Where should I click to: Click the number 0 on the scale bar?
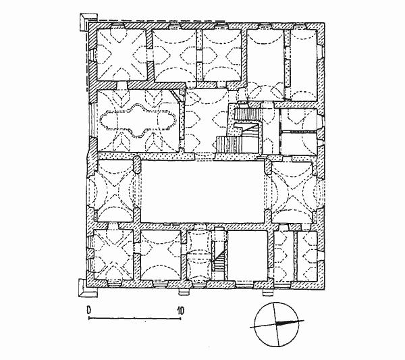[x=89, y=310]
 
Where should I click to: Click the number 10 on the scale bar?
[x=181, y=311]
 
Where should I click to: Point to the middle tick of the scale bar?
[x=134, y=317]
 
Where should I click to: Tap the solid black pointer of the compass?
[x=290, y=322]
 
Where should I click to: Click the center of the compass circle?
[x=276, y=324]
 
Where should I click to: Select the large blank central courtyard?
[x=203, y=192]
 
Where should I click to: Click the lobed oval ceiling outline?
[x=138, y=121]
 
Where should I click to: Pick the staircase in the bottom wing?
[x=219, y=259]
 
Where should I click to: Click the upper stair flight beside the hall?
[x=247, y=114]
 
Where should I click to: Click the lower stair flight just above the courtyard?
[x=229, y=145]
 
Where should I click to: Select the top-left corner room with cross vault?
[x=122, y=55]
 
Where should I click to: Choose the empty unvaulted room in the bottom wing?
[x=248, y=255]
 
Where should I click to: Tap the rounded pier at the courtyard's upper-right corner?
[x=268, y=166]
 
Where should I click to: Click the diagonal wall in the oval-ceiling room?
[x=175, y=96]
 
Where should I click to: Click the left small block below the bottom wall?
[x=185, y=292]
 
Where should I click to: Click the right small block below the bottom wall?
[x=267, y=292]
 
